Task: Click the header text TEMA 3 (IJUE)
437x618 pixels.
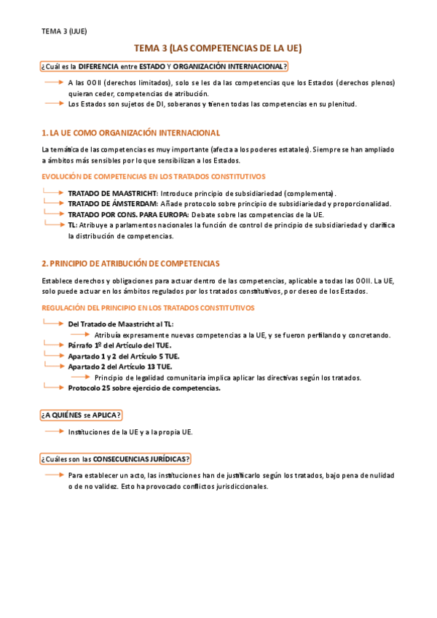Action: pos(64,31)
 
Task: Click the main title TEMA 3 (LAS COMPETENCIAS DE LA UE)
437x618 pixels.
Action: pos(219,48)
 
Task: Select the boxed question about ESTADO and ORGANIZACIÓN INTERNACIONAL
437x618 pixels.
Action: pos(165,67)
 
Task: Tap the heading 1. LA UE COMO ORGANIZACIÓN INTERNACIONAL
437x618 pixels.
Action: pos(131,133)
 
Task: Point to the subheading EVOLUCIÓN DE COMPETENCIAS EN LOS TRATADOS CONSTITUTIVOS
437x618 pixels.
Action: pos(154,176)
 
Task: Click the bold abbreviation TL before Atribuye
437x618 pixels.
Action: pos(72,225)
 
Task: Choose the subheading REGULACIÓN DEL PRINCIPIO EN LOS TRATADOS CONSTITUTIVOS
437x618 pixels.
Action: pos(148,308)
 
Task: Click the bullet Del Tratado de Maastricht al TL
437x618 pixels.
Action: pos(121,324)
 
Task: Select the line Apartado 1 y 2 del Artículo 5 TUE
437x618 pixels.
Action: pos(124,356)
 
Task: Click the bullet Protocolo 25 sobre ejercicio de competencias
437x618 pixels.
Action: pos(144,388)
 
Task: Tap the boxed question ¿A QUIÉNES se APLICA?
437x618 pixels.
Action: pos(82,415)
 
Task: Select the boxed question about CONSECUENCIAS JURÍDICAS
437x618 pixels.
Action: pos(116,458)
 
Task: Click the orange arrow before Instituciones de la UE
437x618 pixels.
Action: pos(53,431)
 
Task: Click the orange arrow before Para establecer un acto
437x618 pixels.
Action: pos(53,474)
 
